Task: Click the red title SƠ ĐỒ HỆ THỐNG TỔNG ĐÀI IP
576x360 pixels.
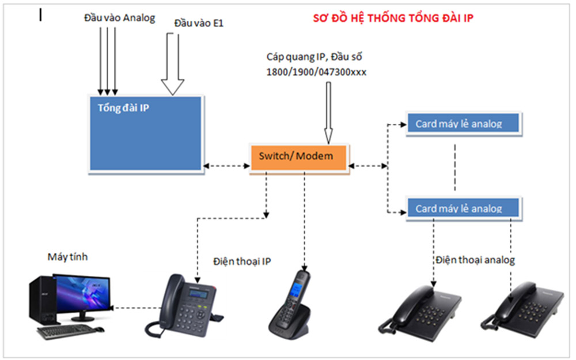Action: tap(393, 18)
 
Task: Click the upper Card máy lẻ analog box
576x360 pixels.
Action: tap(463, 124)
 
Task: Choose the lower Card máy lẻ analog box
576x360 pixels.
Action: tap(463, 208)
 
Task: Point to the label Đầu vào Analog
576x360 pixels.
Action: tap(119, 18)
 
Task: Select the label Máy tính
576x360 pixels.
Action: tap(67, 257)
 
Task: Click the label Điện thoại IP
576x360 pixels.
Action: tap(242, 261)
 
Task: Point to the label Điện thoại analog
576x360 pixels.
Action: tap(475, 260)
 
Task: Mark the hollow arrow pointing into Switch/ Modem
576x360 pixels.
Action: tap(328, 112)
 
